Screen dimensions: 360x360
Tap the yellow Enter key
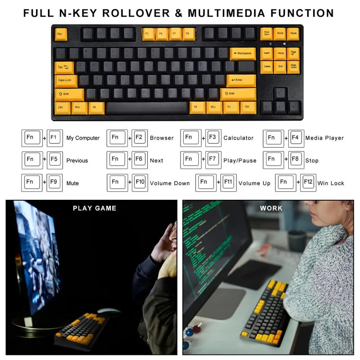tap(241, 80)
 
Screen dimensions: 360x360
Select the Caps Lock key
tap(66, 80)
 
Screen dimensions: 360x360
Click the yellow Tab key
tap(64, 67)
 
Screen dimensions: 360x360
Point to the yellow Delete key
tap(267, 67)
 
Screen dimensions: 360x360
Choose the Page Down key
tap(293, 67)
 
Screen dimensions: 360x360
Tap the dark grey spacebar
tap(147, 107)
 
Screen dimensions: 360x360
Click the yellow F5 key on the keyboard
tap(148, 34)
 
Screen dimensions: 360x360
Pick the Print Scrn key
tap(266, 33)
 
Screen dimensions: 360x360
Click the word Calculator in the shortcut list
tap(238, 138)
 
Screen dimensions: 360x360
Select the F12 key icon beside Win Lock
tap(308, 183)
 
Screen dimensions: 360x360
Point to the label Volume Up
tap(254, 183)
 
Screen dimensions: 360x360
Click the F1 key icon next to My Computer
tap(54, 138)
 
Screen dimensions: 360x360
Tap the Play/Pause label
tap(240, 161)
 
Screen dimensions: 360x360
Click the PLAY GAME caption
tap(95, 208)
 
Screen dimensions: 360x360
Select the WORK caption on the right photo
tap(271, 208)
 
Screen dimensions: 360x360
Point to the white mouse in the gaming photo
tap(109, 311)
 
